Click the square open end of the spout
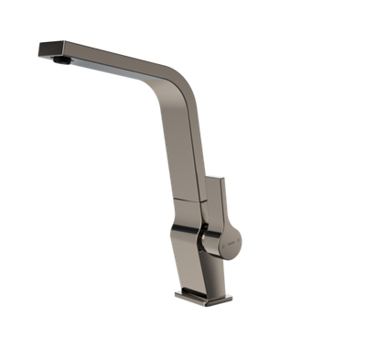tap(42, 50)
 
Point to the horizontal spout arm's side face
tap(110, 59)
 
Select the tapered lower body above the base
tap(200, 266)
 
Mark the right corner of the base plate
tap(232, 299)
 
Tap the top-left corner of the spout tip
tap(38, 42)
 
